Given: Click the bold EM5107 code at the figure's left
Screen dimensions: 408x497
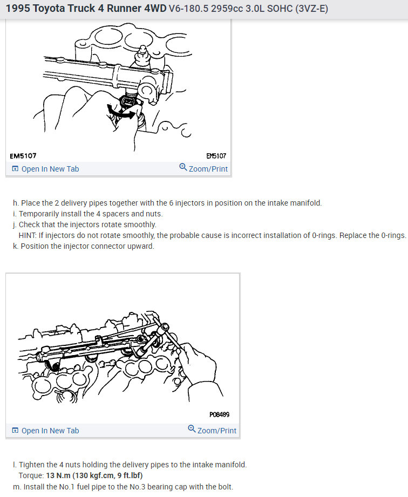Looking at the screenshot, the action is tap(23, 155).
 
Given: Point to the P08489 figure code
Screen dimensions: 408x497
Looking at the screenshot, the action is tap(219, 414).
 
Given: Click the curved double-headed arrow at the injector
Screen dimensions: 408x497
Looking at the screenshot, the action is tap(121, 113).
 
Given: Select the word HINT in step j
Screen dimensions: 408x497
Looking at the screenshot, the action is tap(28, 235).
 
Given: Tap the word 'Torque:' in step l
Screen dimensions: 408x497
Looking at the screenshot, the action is tap(31, 475).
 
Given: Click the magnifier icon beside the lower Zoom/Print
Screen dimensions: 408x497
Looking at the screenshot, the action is tap(192, 429).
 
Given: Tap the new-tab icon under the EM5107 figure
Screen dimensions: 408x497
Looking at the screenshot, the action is tap(15, 168).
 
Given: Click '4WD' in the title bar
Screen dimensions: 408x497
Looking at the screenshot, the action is tap(155, 9).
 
